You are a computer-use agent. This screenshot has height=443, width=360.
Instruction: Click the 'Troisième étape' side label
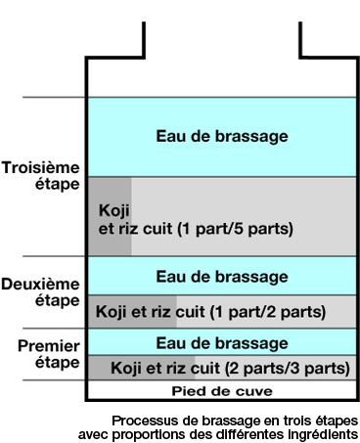(x=42, y=174)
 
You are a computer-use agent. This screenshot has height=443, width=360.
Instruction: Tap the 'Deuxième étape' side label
(x=42, y=292)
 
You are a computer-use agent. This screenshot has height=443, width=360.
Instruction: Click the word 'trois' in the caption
(x=264, y=420)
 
